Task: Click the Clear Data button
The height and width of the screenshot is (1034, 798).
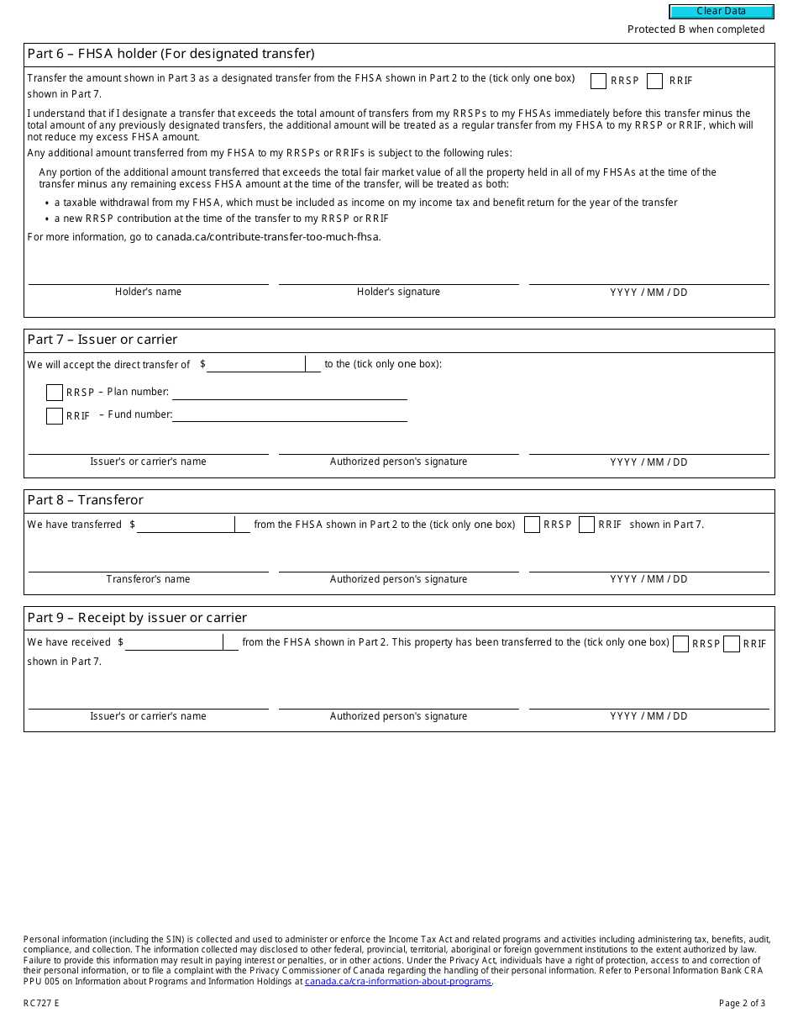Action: click(721, 12)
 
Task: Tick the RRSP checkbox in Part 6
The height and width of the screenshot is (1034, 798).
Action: click(598, 81)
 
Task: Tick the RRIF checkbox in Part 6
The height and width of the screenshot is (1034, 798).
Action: click(655, 81)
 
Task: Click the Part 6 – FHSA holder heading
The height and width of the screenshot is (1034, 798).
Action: click(171, 55)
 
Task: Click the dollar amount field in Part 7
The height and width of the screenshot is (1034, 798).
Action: click(256, 364)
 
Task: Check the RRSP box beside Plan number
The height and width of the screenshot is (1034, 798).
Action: click(55, 393)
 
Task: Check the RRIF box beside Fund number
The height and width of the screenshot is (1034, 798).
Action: click(55, 416)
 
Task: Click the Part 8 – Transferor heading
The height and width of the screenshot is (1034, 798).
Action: click(86, 500)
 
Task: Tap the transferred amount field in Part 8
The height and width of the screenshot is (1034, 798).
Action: click(186, 525)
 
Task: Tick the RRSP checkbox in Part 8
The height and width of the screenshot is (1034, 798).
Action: click(532, 525)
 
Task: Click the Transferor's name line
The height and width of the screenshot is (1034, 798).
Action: click(148, 563)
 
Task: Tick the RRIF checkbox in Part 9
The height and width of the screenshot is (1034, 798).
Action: click(732, 644)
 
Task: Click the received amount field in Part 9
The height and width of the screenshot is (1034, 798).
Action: click(175, 642)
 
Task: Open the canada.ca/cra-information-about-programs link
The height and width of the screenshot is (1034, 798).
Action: click(397, 981)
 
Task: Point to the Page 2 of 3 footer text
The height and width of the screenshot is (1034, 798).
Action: click(742, 1003)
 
